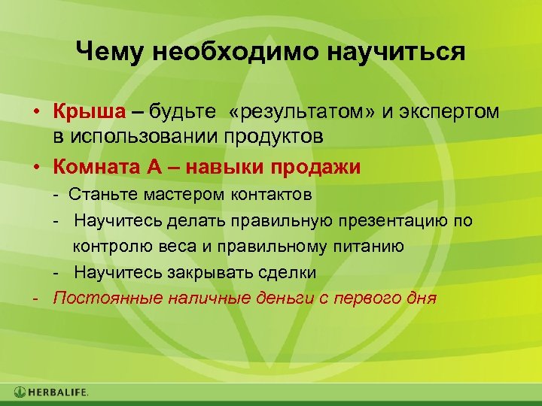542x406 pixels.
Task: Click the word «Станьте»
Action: tap(100, 195)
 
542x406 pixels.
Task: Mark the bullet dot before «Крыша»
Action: tap(35, 113)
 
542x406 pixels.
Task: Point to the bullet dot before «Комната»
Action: tap(35, 167)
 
